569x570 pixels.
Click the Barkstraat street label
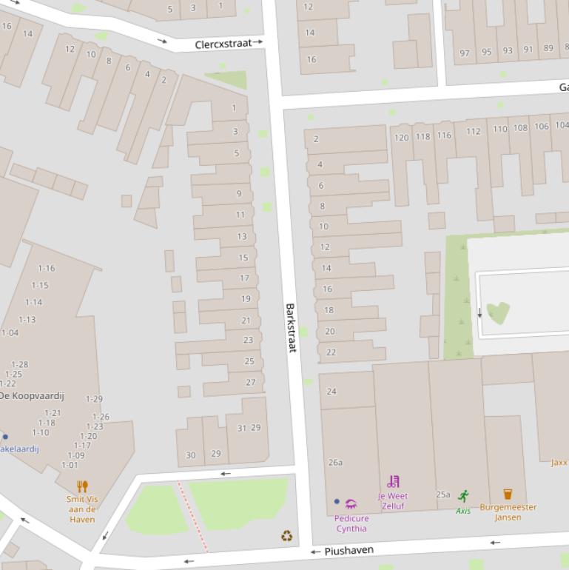click(290, 327)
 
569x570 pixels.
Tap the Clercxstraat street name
click(223, 44)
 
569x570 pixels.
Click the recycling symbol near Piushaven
click(287, 535)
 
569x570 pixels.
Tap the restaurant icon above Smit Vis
click(82, 486)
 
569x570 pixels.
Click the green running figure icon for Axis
click(464, 496)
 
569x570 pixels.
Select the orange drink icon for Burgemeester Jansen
click(508, 494)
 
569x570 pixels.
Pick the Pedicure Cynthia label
click(351, 523)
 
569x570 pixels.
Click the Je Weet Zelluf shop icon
click(393, 482)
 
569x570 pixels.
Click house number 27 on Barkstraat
click(251, 383)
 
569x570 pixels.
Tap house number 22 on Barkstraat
click(331, 352)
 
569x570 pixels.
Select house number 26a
click(335, 463)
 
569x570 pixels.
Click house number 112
click(473, 132)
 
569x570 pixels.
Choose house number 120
click(401, 138)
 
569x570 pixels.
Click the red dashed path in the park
click(192, 516)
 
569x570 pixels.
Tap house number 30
click(190, 455)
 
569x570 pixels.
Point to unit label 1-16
click(47, 268)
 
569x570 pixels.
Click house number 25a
click(442, 494)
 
